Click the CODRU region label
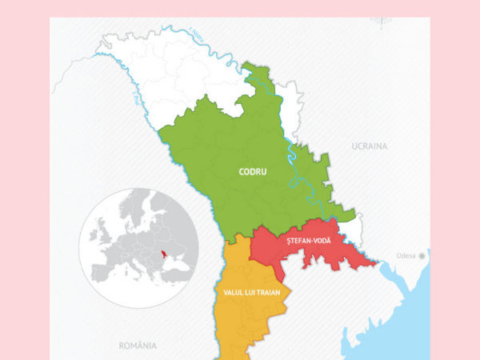(x=253, y=171)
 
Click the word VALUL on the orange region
(x=236, y=293)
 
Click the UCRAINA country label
(x=369, y=146)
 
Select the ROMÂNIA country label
(x=137, y=346)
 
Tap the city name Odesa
(x=407, y=257)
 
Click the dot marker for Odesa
(x=424, y=256)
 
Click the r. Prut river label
(x=138, y=102)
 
